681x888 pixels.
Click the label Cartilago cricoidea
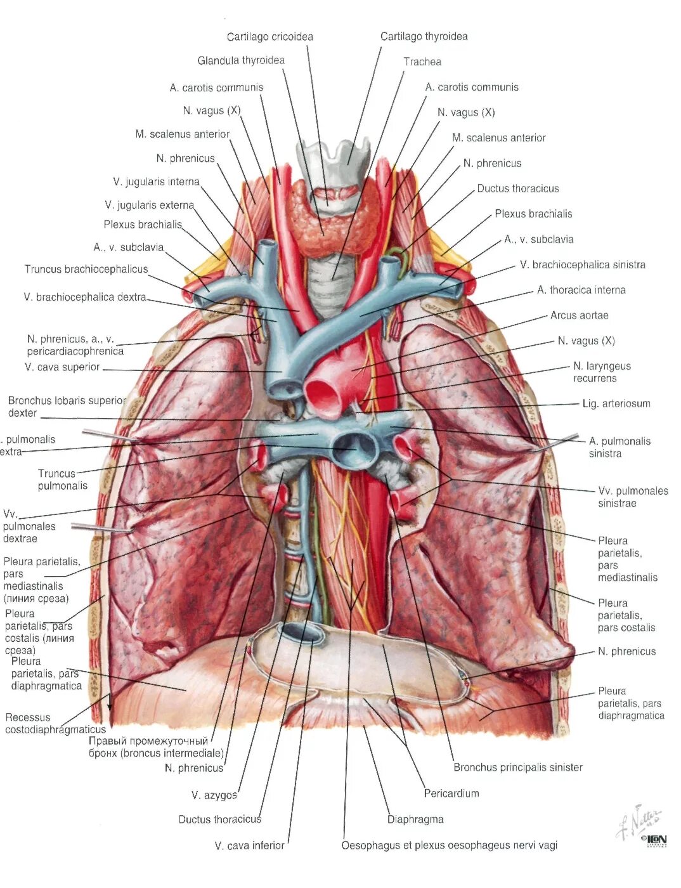269,37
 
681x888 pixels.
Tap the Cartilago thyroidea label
424,36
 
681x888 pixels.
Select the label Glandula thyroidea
241,60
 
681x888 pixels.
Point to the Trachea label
422,62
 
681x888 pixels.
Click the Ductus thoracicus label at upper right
517,188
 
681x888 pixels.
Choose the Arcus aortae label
579,315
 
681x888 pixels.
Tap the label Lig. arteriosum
616,403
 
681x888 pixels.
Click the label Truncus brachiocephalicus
86,269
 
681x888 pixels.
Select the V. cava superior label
62,367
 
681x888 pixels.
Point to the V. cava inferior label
249,845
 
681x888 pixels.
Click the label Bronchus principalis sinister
517,767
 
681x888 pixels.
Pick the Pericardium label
451,793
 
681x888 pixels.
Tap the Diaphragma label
415,819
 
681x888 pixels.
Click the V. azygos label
214,795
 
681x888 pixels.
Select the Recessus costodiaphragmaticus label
55,723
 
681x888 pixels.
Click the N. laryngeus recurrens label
601,372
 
